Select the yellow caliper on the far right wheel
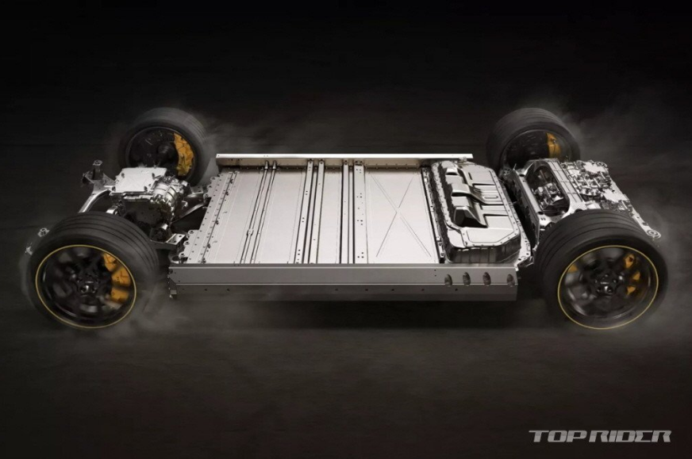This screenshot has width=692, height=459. coord(553,144)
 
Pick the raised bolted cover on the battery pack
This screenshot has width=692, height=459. coord(475,207)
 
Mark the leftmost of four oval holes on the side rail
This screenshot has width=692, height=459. coord(448,280)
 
